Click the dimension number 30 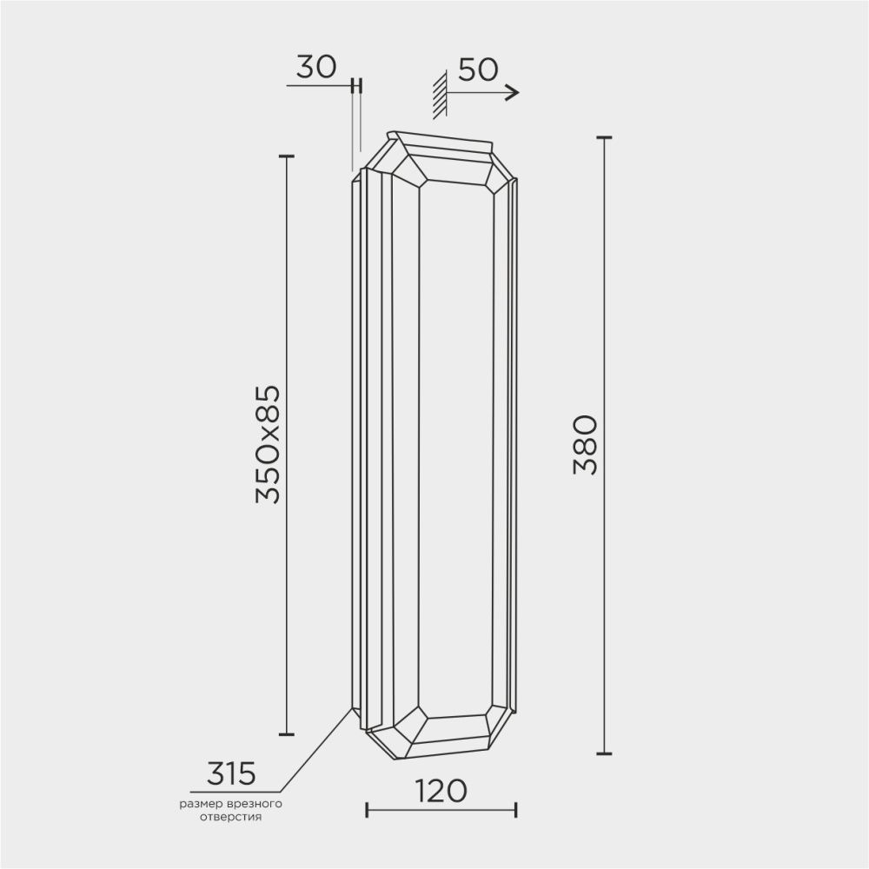click(316, 68)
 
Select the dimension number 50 click(477, 70)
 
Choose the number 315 click(230, 772)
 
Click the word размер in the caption click(201, 805)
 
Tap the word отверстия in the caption click(230, 818)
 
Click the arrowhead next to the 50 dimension click(512, 92)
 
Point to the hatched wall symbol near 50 click(440, 94)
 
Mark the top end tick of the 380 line click(604, 137)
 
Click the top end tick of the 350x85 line click(286, 156)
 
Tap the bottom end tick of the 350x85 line click(286, 734)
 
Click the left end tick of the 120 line click(368, 810)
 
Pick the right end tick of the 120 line click(516, 810)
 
